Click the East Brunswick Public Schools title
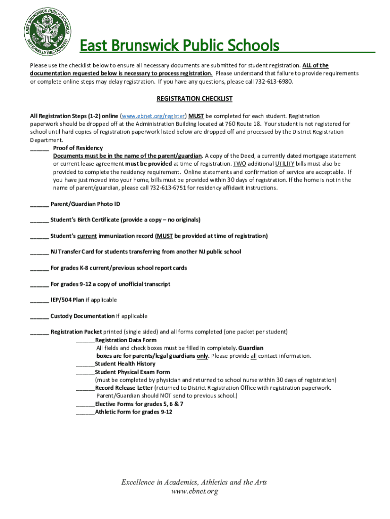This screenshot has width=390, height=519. pos(180,46)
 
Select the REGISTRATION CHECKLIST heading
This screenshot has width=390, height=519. pos(194,98)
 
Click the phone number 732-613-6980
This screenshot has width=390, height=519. pos(274,82)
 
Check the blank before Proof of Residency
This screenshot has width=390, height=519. pos(40,149)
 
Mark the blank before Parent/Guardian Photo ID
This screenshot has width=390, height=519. pos(40,204)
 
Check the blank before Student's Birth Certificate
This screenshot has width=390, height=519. pos(40,220)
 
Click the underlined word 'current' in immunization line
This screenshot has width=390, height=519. pos(87,236)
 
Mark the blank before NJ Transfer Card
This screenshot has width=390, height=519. pos(40,252)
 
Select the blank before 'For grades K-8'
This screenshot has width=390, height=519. pos(40,268)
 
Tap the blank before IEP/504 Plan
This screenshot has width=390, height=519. pos(40,300)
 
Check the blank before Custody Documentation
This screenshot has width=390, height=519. pos(40,316)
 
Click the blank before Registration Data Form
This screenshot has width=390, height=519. pos(85,341)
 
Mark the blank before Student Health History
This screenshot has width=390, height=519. pos(85,364)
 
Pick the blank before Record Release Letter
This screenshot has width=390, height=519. pos(85,388)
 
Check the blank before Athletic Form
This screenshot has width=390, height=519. pos(85,413)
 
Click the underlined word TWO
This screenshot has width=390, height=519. pos(239,164)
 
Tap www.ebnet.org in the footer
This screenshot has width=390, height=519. pos(194,491)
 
